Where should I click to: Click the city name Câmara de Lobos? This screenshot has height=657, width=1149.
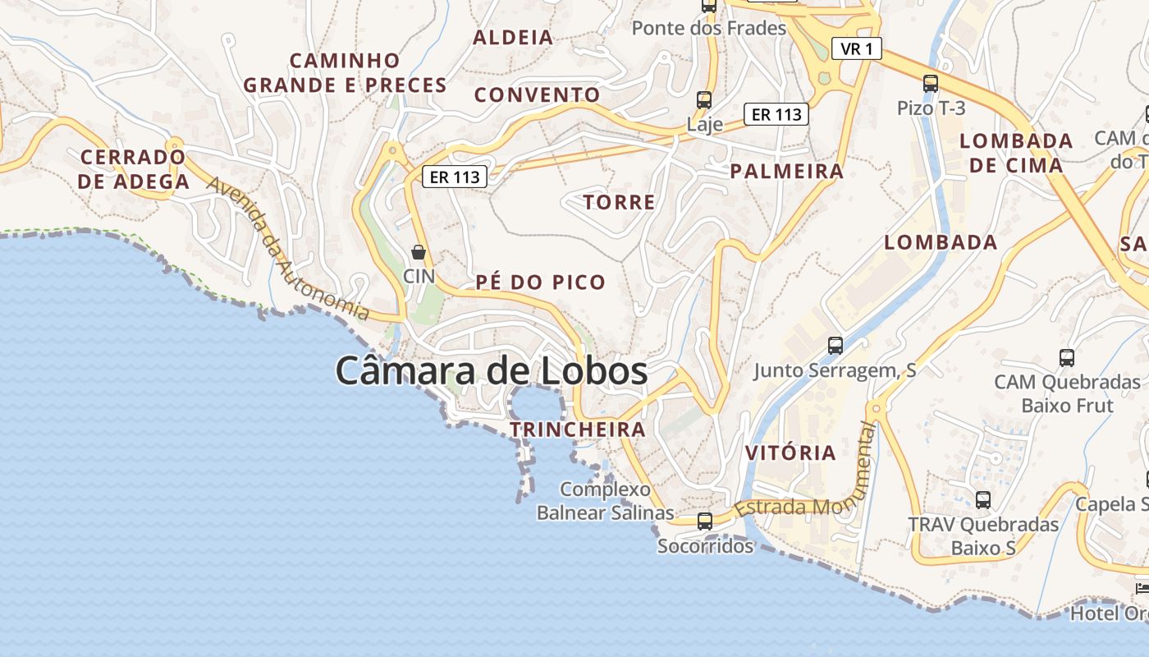click(x=491, y=371)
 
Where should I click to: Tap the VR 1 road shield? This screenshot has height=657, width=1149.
click(x=856, y=49)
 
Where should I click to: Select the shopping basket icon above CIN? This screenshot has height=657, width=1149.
click(x=419, y=252)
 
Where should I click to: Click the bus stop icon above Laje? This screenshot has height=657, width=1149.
click(x=703, y=100)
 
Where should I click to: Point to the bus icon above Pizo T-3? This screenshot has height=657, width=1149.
click(x=930, y=83)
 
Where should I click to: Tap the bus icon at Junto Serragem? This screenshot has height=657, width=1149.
click(x=835, y=346)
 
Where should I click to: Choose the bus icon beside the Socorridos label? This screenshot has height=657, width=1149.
click(x=704, y=521)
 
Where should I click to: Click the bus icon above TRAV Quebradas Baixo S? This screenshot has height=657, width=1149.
click(x=982, y=499)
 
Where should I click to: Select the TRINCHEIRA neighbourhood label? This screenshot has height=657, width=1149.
click(x=577, y=430)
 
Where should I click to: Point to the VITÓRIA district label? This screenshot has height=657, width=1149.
click(x=790, y=453)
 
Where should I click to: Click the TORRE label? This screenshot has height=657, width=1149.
click(x=619, y=202)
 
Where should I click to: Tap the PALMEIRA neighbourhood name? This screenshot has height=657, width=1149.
click(x=786, y=171)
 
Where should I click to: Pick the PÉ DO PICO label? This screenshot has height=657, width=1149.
click(x=540, y=283)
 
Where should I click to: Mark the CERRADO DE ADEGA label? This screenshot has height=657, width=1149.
click(x=134, y=169)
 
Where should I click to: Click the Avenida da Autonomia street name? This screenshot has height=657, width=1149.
click(x=287, y=248)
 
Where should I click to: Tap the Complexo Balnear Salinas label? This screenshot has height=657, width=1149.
click(x=605, y=501)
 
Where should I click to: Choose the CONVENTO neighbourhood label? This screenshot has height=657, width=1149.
click(x=537, y=94)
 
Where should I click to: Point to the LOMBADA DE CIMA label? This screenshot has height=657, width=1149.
click(x=1016, y=153)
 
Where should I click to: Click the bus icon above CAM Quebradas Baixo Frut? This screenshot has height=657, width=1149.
click(x=1066, y=358)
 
